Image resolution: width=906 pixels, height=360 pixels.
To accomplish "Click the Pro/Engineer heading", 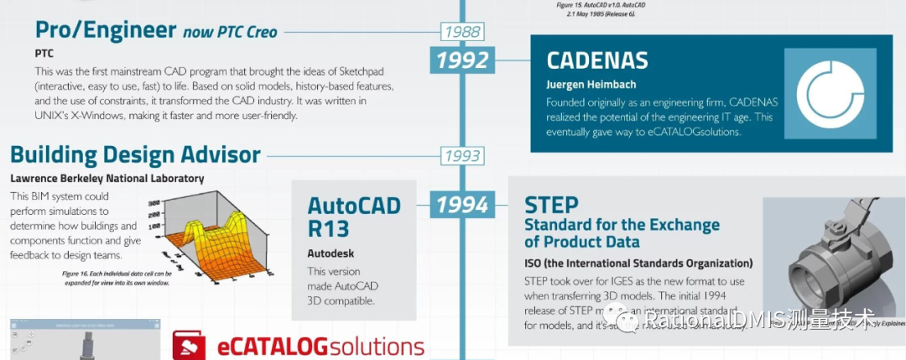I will (x=105, y=31).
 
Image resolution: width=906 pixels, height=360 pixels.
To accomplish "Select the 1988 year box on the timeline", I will (x=462, y=33).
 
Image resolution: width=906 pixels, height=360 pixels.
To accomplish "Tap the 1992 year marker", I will (x=462, y=60).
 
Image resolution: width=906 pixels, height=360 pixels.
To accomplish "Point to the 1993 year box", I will (x=462, y=155).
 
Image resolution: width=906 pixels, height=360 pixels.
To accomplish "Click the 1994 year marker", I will (x=462, y=204).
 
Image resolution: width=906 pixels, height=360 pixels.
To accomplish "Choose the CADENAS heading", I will (x=597, y=60).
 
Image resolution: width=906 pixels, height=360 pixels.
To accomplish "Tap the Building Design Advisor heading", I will (x=135, y=154).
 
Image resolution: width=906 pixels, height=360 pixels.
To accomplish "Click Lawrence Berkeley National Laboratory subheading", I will (x=107, y=178).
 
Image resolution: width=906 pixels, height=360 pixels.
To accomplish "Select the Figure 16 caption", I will (x=116, y=278).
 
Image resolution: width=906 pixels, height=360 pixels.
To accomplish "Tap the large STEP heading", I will (x=551, y=204).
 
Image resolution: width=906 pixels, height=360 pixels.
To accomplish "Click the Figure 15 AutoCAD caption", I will (x=600, y=8).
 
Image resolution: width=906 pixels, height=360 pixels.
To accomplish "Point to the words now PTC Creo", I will (x=229, y=33).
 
